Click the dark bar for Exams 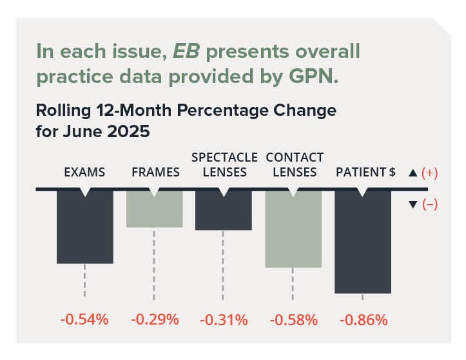point(84,227)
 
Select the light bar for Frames point(153,209)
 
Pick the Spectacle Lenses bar point(223,210)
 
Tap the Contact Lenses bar point(293,229)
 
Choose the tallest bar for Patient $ point(362,242)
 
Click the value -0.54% point(84,319)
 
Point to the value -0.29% point(155,319)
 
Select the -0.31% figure point(224,319)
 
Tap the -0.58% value point(293,319)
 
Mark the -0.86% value point(363,319)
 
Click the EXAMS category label point(84,173)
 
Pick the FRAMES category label point(154,173)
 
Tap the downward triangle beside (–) point(413,204)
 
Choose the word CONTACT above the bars point(295,157)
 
